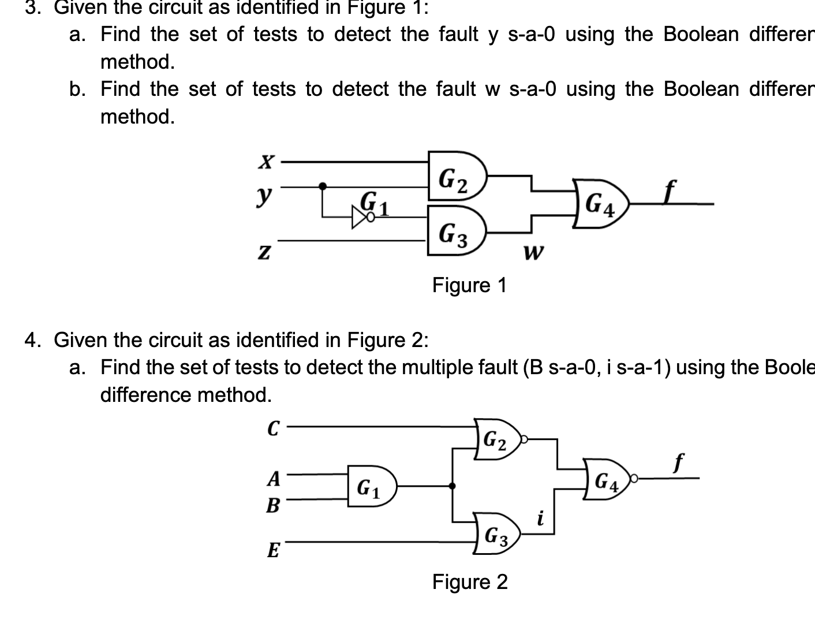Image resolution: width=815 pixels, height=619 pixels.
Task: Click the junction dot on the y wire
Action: pos(323,186)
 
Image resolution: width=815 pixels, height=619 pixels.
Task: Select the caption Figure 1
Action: pos(469,285)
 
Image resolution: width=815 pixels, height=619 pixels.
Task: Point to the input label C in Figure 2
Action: pos(273,428)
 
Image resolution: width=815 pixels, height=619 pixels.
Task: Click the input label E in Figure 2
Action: pos(273,550)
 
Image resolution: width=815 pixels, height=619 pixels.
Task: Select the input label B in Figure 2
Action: pos(272,506)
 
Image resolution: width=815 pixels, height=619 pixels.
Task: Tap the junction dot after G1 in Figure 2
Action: pos(451,486)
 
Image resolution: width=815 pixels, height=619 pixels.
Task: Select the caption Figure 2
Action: pos(470,581)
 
